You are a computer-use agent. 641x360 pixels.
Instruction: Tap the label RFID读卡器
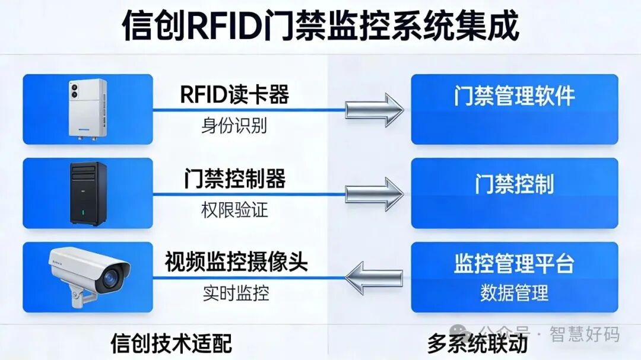[234, 94]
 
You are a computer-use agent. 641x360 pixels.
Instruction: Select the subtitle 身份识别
[234, 125]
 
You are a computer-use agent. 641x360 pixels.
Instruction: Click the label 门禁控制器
[234, 179]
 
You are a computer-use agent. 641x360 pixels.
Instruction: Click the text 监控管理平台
[515, 264]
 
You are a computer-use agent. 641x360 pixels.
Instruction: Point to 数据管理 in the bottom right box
[515, 292]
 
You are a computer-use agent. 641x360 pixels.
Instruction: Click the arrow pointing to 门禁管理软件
[375, 109]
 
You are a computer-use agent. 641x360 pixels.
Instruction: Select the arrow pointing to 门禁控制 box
[375, 193]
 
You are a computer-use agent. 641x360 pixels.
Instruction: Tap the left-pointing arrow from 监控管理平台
[375, 277]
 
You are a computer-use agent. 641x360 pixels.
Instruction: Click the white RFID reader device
[87, 109]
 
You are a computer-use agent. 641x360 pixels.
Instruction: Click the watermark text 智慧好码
[585, 334]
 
